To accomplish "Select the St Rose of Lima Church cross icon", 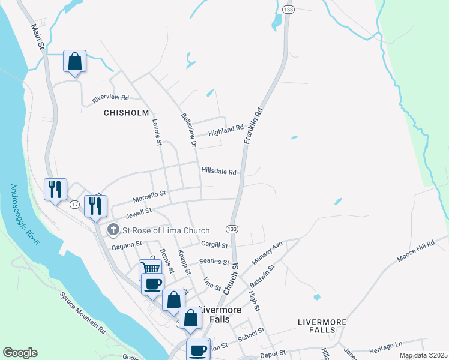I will tap(113, 230).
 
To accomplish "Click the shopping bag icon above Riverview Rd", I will tap(74, 61).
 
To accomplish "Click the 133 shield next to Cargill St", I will tap(232, 229).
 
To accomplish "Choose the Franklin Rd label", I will tap(253, 125).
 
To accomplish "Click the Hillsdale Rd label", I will tap(219, 171).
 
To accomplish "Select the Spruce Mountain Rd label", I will tap(83, 313).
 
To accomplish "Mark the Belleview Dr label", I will tap(189, 130).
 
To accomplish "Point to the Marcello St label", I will tap(149, 194).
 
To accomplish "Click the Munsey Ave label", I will tap(267, 254).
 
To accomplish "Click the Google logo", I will tap(20, 353).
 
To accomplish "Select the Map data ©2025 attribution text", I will tap(423, 355).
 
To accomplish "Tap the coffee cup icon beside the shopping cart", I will tap(152, 284).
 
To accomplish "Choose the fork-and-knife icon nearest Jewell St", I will tap(95, 206).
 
